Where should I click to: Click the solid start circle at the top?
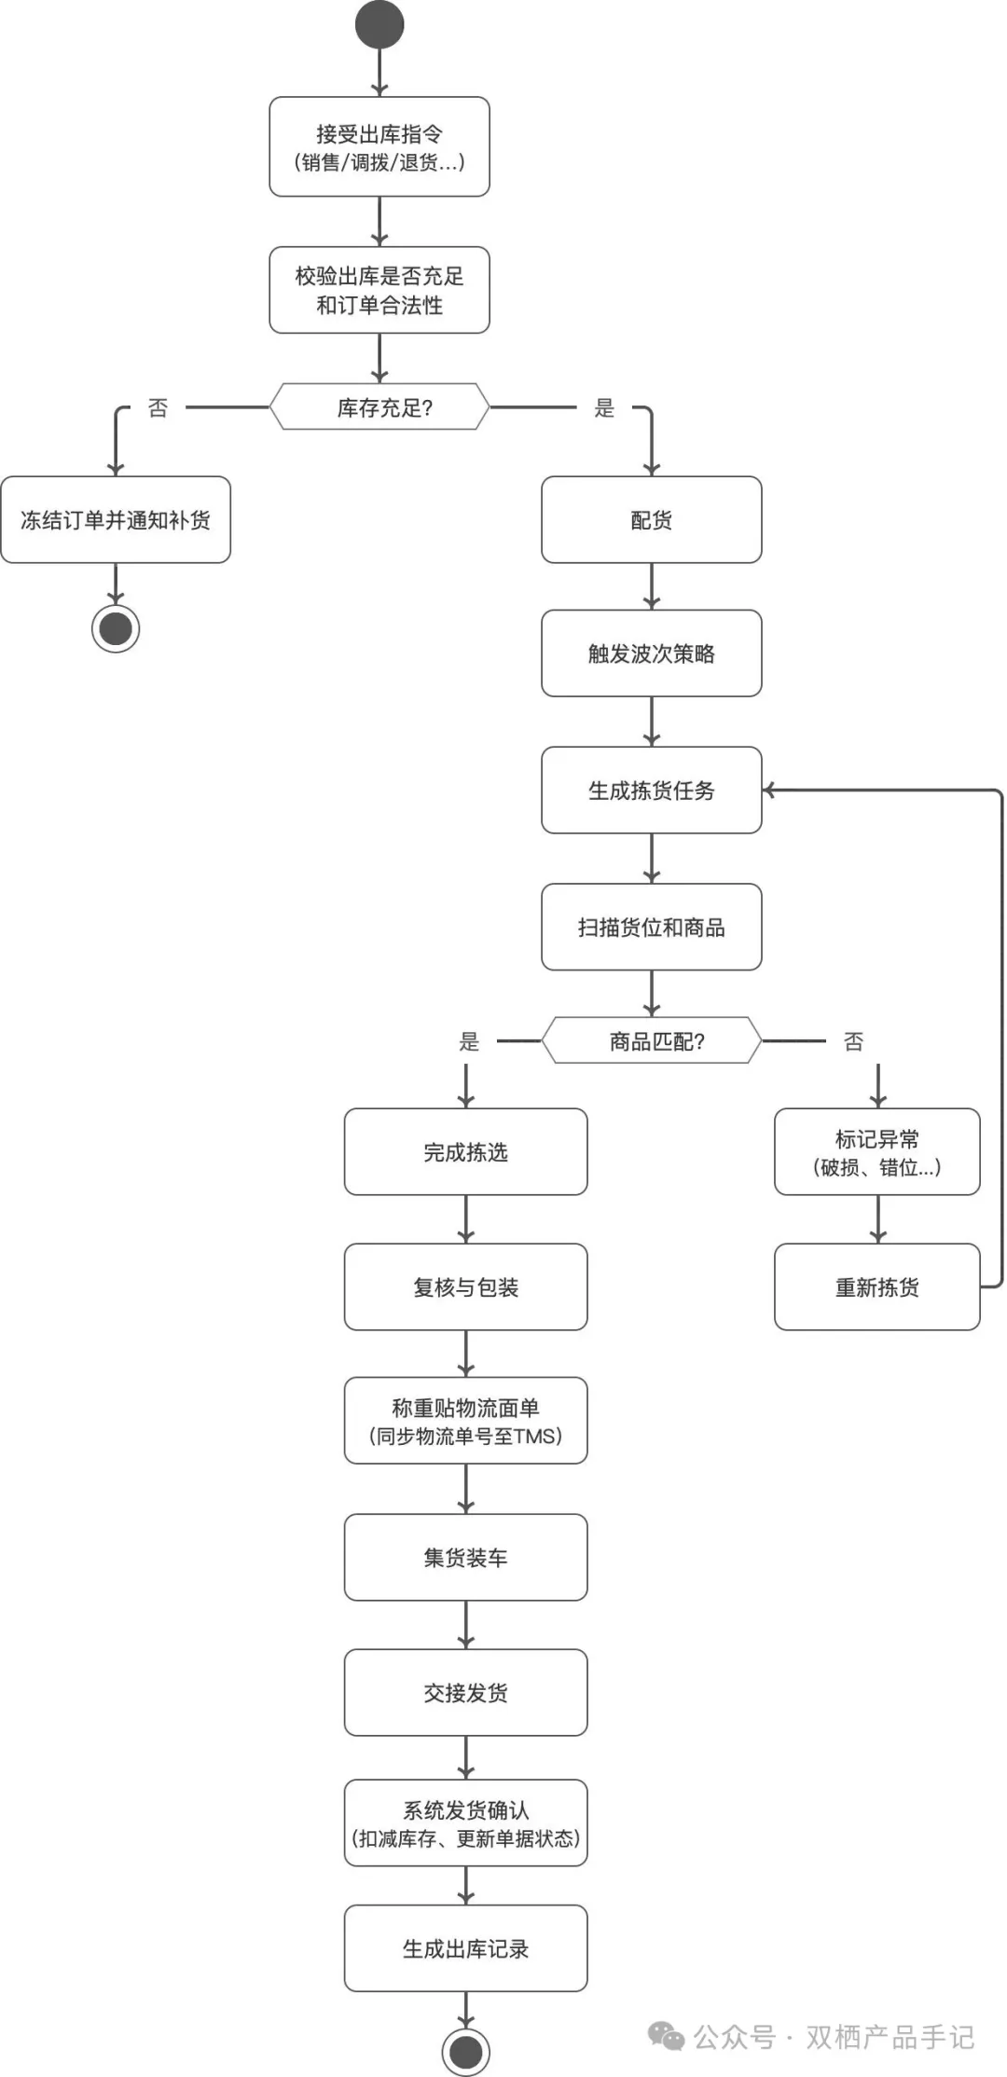[x=379, y=25]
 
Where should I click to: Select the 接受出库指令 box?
[x=379, y=147]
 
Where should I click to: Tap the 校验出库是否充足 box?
[x=379, y=290]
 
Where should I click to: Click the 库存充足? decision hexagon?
[x=379, y=407]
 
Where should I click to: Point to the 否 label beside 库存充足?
[x=159, y=408]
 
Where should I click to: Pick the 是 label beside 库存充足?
[x=604, y=408]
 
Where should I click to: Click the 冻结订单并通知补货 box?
[x=116, y=520]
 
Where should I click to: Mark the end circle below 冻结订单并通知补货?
[x=116, y=628]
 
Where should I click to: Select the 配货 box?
[x=652, y=520]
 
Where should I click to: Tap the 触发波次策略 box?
[x=652, y=653]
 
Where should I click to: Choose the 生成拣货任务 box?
[x=652, y=791]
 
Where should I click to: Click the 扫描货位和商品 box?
[x=652, y=928]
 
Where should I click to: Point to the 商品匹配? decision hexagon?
[x=652, y=1041]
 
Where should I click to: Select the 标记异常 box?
[x=877, y=1152]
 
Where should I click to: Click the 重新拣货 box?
[x=877, y=1287]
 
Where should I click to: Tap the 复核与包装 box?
[x=466, y=1287]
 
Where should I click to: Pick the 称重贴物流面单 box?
[x=466, y=1422]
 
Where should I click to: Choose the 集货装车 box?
[x=466, y=1558]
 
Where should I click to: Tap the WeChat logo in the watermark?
[x=666, y=2036]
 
